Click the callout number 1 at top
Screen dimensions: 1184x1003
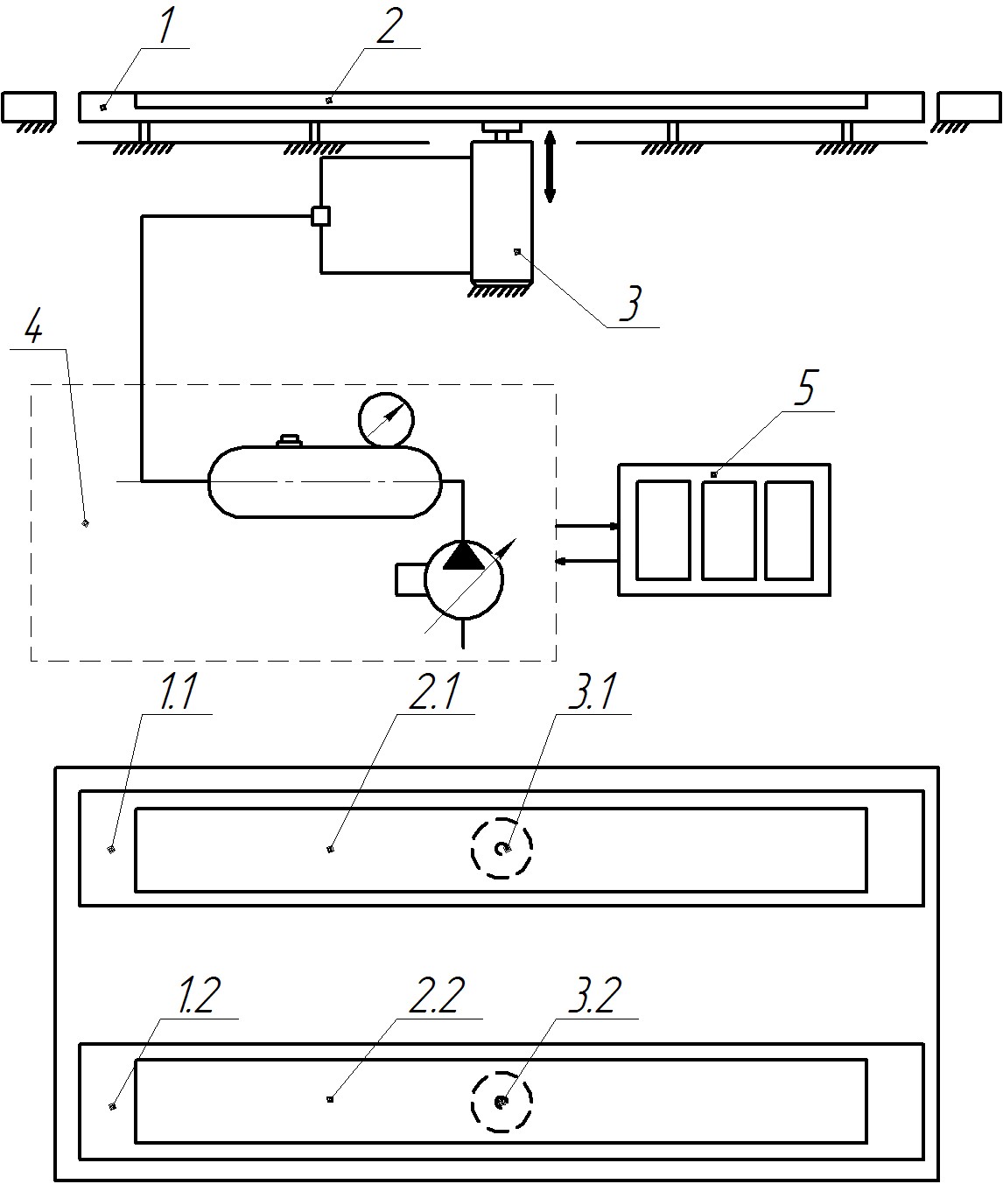167,29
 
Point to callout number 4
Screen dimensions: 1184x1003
33,329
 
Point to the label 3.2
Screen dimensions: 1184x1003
595,997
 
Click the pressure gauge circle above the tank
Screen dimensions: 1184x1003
385,420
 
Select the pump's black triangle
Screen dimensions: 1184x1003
463,557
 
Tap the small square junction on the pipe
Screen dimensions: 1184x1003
321,215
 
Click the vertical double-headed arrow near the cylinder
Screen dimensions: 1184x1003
550,165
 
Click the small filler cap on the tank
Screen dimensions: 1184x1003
289,441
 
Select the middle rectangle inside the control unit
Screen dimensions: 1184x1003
728,530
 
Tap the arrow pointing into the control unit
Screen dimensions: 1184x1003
588,527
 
